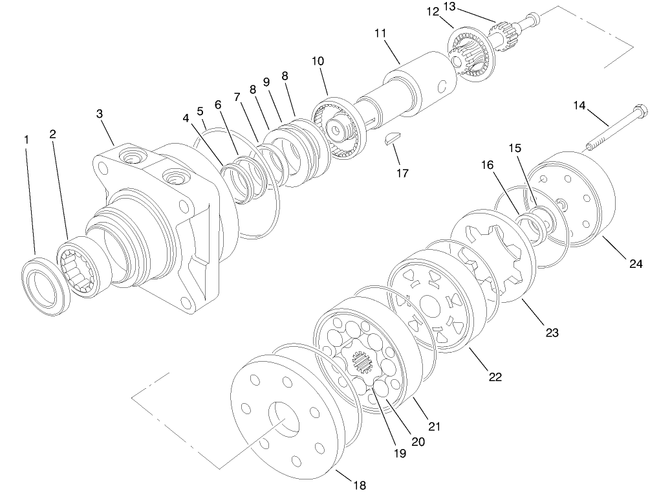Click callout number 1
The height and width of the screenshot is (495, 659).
click(x=27, y=139)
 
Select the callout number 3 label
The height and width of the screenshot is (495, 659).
click(x=99, y=114)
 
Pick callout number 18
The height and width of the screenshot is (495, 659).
click(x=360, y=484)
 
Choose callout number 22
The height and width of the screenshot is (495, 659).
click(x=495, y=377)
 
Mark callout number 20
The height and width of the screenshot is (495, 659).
click(x=418, y=442)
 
